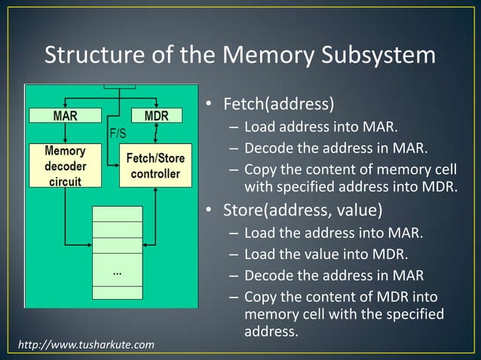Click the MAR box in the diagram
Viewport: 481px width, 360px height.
[x=64, y=116]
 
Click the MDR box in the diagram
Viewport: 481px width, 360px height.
[x=155, y=116]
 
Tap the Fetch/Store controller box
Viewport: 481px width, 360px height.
[x=153, y=166]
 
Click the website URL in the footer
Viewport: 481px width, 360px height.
[x=86, y=345]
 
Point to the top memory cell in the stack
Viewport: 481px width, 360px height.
[x=117, y=213]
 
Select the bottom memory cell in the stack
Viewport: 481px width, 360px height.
[x=117, y=293]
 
